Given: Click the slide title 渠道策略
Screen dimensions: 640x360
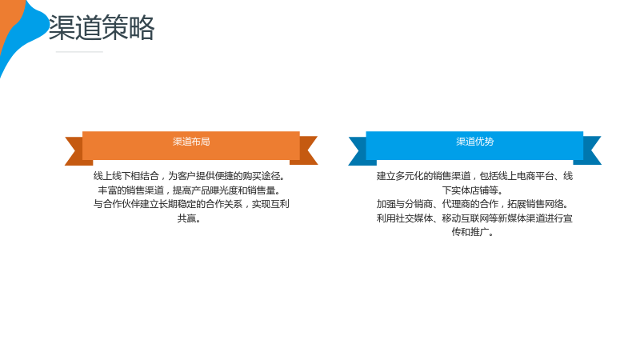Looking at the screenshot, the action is tap(102, 27).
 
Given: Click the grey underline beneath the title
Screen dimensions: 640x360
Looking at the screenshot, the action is tap(79, 52).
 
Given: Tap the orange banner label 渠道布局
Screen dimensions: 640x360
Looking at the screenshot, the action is tap(191, 142).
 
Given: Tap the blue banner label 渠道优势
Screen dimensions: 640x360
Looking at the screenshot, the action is tap(474, 142).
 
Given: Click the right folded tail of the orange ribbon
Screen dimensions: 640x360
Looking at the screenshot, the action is tap(306, 151).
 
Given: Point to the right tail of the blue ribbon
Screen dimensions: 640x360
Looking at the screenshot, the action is tap(590, 151).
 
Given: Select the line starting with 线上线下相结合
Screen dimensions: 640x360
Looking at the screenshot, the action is tap(189, 176).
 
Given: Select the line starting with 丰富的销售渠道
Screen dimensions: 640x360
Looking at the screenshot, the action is tap(189, 190).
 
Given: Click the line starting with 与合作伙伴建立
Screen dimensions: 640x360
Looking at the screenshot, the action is tap(191, 204).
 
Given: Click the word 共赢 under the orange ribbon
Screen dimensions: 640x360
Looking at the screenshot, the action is tap(189, 218).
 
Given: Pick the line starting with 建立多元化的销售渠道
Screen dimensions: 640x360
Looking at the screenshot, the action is tap(474, 176).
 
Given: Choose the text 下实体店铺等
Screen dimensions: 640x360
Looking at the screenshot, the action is tap(473, 190).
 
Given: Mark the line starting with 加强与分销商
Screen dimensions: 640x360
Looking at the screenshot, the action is tap(473, 204).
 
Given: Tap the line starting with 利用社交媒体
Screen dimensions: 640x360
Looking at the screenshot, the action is tap(474, 218).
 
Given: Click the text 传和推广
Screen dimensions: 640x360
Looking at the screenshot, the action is tap(473, 232).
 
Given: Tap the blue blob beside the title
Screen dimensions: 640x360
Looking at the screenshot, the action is tap(26, 33).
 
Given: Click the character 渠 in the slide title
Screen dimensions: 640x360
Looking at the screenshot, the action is tap(62, 27).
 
